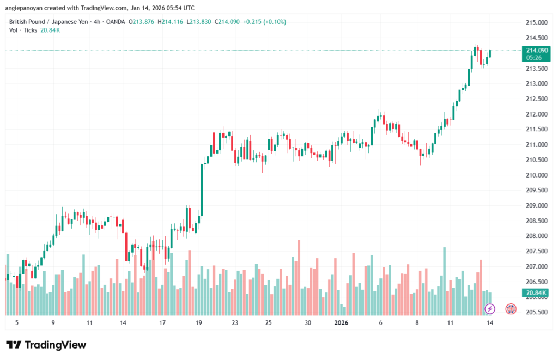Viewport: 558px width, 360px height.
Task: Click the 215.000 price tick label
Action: click(x=536, y=23)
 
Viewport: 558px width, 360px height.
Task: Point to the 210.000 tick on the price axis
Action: click(x=536, y=175)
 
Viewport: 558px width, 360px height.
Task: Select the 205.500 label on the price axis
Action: click(x=536, y=313)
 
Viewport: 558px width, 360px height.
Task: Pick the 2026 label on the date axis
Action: click(x=341, y=323)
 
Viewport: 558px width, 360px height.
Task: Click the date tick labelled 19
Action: click(x=199, y=323)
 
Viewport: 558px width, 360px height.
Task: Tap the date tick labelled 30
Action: click(x=308, y=323)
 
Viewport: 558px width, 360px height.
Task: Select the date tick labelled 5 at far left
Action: click(x=17, y=323)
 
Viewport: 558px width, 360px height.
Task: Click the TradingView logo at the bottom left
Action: click(x=46, y=345)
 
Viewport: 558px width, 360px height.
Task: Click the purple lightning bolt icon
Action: click(x=490, y=309)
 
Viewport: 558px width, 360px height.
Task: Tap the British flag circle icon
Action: click(x=511, y=309)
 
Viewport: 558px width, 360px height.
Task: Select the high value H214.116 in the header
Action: click(x=168, y=22)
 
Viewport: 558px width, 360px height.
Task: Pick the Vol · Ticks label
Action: click(x=23, y=30)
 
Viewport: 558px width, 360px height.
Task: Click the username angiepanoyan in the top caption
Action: click(x=26, y=8)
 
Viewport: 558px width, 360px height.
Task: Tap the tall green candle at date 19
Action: click(x=202, y=190)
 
